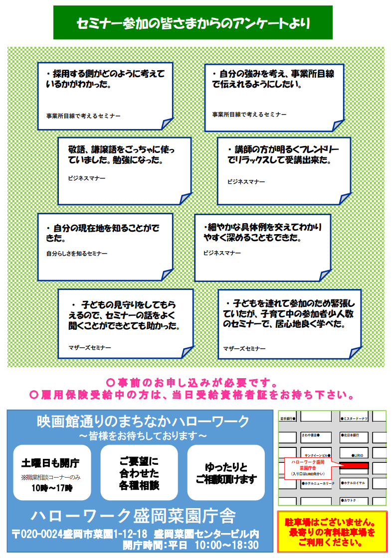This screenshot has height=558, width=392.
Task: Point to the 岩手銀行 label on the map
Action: (x=288, y=419)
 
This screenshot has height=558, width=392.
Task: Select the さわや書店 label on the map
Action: (x=310, y=435)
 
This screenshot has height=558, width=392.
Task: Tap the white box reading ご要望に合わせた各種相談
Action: (x=139, y=472)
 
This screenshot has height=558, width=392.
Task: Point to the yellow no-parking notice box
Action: (x=332, y=532)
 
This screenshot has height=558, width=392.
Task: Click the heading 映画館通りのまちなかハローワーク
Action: (x=143, y=421)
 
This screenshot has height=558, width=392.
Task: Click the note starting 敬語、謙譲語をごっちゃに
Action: (x=123, y=155)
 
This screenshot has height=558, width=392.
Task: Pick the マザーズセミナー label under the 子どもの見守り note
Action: (x=90, y=347)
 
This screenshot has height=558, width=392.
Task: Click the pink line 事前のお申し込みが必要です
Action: (x=192, y=383)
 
